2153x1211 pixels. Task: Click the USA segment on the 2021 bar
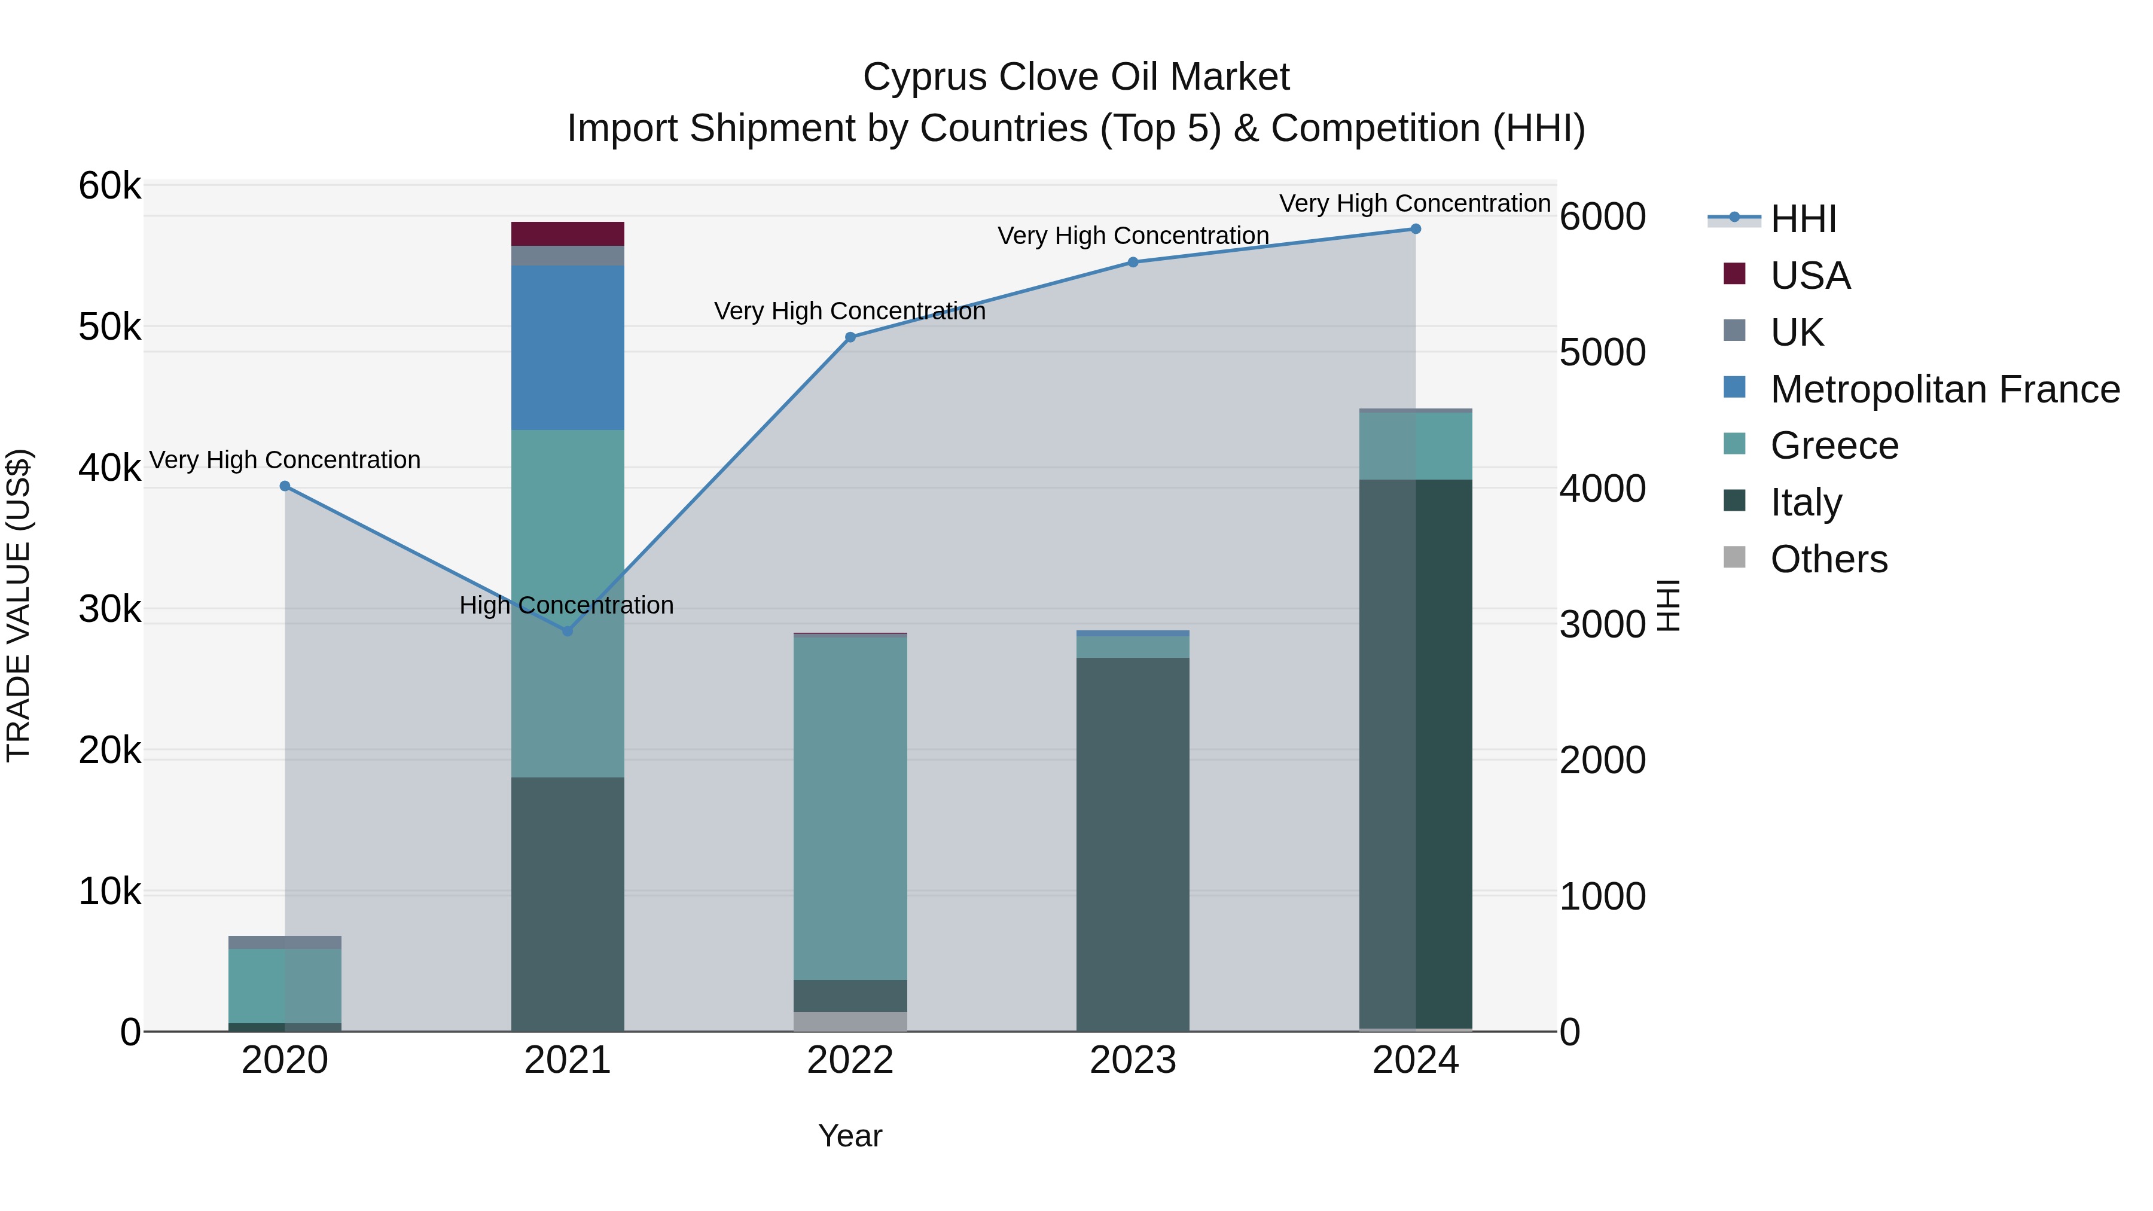568,233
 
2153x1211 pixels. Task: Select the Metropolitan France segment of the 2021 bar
568,347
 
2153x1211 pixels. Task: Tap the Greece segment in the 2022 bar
850,807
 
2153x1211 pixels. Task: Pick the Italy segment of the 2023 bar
1133,844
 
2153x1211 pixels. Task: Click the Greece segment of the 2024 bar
1415,446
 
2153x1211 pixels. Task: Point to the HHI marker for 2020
285,486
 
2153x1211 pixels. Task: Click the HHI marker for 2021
568,631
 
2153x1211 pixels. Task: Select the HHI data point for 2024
1415,228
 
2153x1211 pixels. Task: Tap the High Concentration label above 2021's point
567,605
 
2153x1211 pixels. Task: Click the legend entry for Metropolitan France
1945,389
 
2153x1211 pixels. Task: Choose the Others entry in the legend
1829,559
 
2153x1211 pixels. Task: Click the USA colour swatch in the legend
1734,274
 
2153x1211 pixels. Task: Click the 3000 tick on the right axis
1602,624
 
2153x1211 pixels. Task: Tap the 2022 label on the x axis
850,1060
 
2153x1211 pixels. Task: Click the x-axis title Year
850,1136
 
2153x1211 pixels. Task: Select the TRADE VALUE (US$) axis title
19,605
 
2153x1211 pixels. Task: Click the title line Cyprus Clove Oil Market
1076,77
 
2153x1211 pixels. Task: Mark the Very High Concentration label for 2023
1133,236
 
